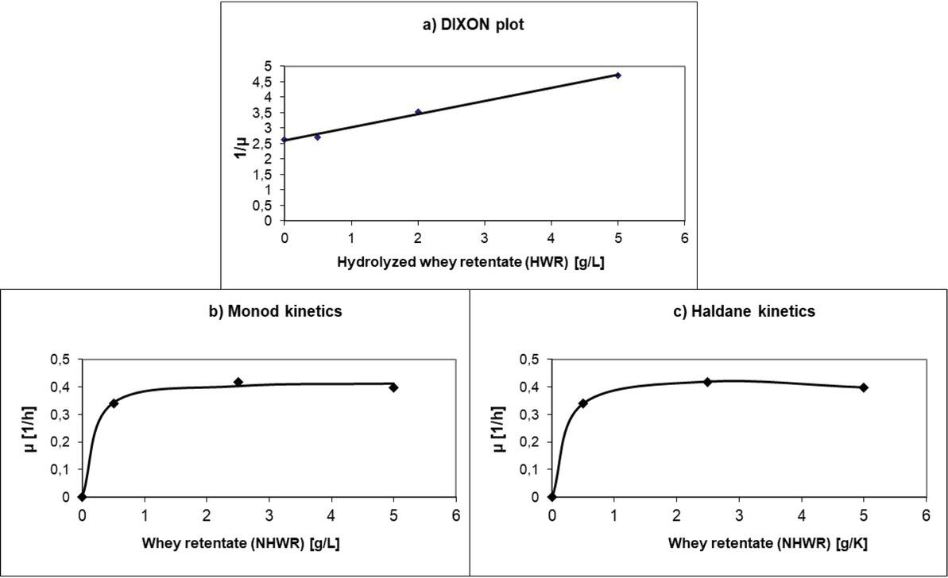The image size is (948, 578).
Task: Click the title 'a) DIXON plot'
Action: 473,25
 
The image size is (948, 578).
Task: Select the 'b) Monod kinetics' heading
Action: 275,311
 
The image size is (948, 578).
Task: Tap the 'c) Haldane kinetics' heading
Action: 744,311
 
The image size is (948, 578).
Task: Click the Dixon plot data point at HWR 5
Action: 617,75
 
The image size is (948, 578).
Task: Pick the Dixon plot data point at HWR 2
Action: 418,112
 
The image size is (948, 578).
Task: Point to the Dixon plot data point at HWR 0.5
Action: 318,137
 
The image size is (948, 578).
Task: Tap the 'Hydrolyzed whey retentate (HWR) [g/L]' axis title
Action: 470,262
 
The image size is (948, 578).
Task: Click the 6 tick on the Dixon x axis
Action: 684,237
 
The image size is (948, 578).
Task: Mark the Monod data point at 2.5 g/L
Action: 238,382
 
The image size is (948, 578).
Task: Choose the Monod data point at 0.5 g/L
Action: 114,403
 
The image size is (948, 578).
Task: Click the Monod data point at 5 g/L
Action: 393,387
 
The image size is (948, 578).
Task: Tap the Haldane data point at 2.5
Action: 707,382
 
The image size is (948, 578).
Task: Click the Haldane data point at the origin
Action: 552,497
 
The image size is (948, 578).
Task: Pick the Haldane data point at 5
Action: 864,387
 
